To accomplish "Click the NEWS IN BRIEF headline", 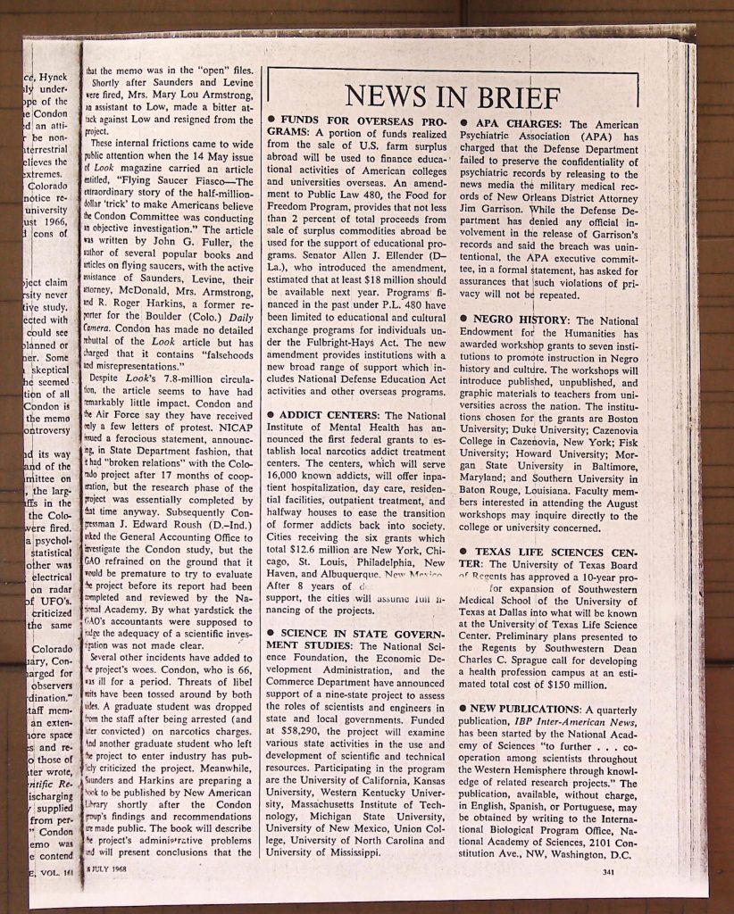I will [453, 95].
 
